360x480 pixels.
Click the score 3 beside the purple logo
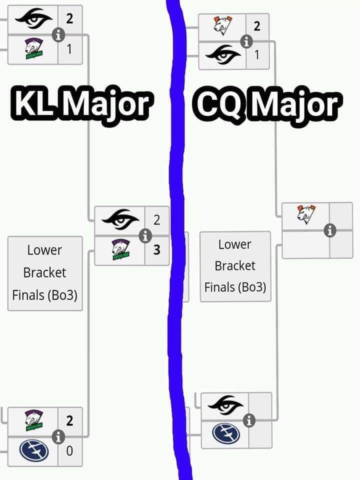[157, 249]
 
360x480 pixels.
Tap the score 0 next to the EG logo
[69, 450]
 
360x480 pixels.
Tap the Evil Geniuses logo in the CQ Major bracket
[226, 433]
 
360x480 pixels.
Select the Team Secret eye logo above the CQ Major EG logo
[225, 403]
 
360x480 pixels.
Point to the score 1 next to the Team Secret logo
[256, 55]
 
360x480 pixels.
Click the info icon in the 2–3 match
[145, 235]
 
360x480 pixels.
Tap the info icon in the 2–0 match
[58, 436]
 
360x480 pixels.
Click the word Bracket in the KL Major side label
[44, 272]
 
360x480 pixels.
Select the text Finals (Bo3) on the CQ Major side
[235, 287]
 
